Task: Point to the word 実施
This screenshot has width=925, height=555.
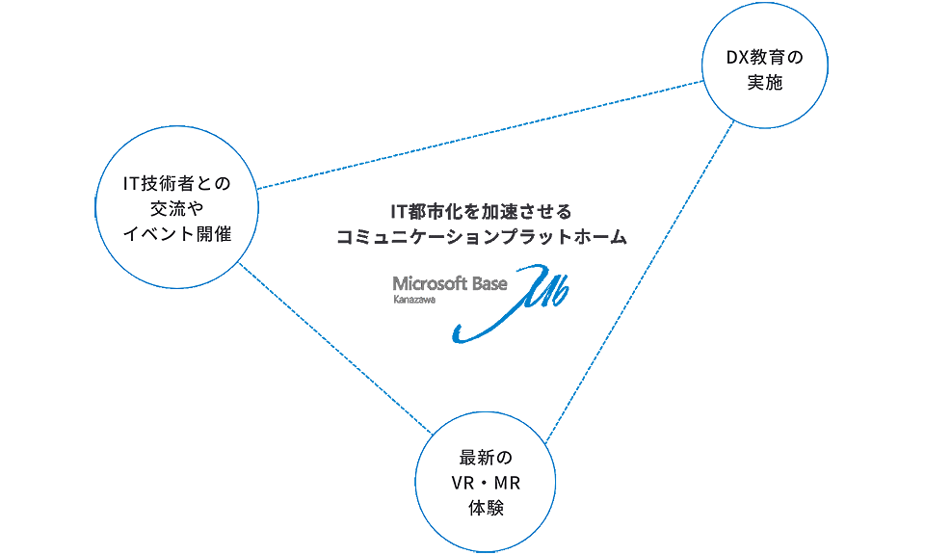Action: pos(764,84)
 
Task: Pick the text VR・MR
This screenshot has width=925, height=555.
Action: pos(486,482)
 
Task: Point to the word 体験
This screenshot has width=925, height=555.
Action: pos(486,507)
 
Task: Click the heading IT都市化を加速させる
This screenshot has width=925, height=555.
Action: pos(481,211)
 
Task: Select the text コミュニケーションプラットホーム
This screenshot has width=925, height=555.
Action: pos(481,236)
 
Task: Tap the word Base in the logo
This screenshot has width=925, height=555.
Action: pos(489,283)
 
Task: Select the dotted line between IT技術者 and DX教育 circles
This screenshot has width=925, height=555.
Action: pos(482,135)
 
